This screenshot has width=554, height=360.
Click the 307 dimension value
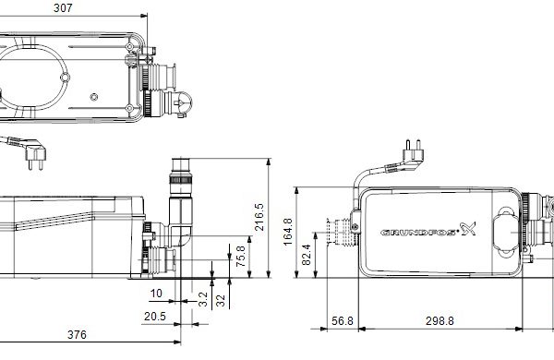(x=63, y=8)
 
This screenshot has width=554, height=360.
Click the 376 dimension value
(x=77, y=334)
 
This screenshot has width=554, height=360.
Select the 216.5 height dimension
(x=259, y=217)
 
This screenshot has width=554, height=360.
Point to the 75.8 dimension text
(x=240, y=256)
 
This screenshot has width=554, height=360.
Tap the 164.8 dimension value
(x=288, y=232)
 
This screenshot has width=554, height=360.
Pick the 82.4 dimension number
(x=307, y=255)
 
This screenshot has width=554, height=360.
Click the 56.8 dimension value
(x=343, y=321)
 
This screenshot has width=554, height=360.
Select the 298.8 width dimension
(x=440, y=321)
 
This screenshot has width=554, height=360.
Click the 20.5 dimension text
(x=155, y=317)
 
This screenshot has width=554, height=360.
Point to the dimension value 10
(x=156, y=294)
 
